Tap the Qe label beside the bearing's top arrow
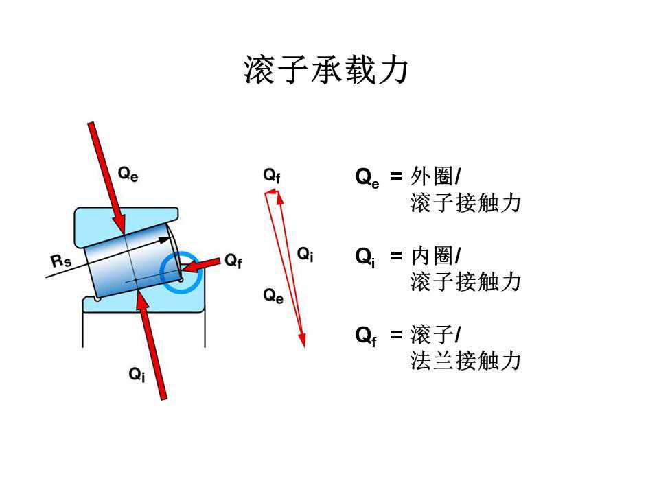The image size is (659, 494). (x=128, y=174)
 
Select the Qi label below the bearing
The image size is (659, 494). (x=137, y=374)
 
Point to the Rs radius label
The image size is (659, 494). (x=61, y=261)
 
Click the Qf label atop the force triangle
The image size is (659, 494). (x=272, y=176)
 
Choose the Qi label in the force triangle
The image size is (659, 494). (x=305, y=254)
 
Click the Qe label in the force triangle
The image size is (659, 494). (x=273, y=296)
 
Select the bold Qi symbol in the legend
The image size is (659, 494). (x=365, y=257)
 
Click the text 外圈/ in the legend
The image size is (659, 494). (x=435, y=177)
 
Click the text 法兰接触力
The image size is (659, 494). (x=465, y=361)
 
